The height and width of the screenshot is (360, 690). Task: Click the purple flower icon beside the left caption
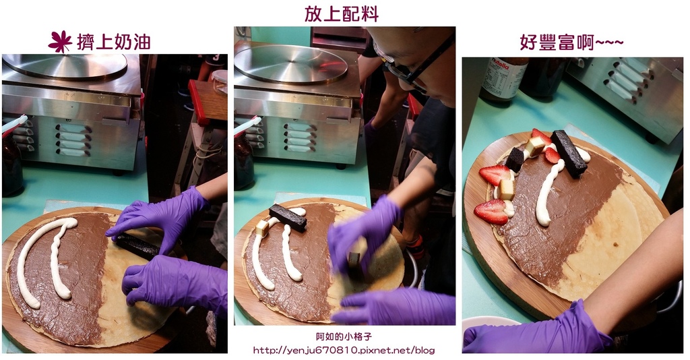click(x=60, y=41)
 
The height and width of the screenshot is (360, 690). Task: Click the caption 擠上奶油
click(x=113, y=42)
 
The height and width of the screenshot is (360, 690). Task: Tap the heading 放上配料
click(x=342, y=13)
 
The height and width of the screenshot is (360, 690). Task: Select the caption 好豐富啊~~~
click(x=571, y=42)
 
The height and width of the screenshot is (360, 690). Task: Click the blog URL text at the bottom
click(x=344, y=350)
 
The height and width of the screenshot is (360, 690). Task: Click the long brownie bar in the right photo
click(x=568, y=153)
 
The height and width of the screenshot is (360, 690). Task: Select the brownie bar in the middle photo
click(x=288, y=217)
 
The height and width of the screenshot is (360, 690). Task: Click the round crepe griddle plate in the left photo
click(x=65, y=66)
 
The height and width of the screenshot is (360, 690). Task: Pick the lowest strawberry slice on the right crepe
click(x=492, y=211)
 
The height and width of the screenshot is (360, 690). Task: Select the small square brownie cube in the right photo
click(x=515, y=158)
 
